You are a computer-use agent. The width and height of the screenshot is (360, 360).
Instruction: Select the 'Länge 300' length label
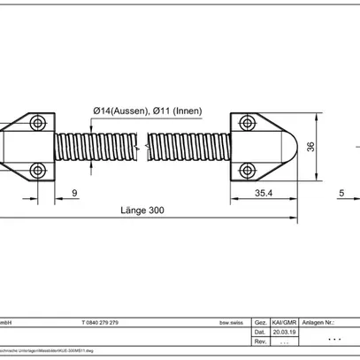[x=142, y=211]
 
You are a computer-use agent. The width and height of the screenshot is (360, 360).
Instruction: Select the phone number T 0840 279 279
[x=105, y=324]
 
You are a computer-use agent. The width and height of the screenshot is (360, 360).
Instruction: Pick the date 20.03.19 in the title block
[x=280, y=333]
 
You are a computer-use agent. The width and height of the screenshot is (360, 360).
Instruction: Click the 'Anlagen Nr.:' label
[x=319, y=324]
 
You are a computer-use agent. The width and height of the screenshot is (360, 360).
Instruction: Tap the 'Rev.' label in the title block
[x=260, y=341]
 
